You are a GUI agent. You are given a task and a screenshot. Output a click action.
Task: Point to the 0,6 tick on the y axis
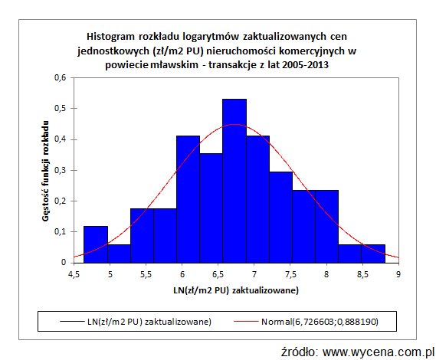tap(61, 77)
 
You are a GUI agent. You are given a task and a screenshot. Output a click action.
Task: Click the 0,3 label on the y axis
tap(61, 170)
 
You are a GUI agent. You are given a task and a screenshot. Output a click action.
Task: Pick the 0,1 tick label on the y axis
tap(61, 231)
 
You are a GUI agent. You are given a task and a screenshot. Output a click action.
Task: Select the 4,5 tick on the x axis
tap(74, 272)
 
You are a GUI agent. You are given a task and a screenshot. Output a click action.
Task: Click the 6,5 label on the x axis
tap(218, 272)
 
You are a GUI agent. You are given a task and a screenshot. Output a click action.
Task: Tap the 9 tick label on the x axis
tap(398, 272)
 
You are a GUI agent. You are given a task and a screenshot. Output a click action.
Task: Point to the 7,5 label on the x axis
tap(290, 272)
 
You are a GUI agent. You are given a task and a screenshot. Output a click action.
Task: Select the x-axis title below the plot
tap(235, 291)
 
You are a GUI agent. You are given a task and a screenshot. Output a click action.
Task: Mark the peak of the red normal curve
tap(234, 124)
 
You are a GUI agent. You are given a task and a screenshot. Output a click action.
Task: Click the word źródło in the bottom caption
tap(300, 352)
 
